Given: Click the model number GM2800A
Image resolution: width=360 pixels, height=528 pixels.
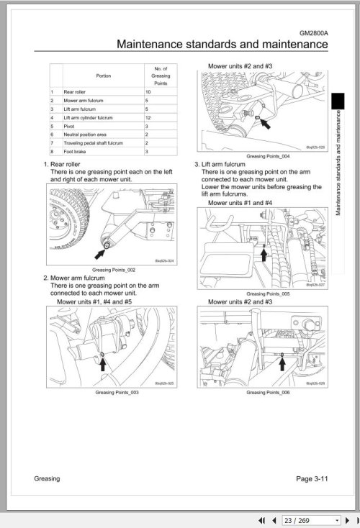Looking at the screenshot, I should (313, 33).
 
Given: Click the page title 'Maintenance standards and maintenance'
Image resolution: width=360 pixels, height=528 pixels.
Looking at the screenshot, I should (222, 45).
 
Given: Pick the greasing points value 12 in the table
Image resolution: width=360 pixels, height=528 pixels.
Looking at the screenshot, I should (147, 117).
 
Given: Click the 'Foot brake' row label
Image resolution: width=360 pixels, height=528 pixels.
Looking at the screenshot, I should (75, 151).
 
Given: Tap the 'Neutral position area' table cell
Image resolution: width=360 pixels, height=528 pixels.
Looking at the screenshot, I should (84, 134).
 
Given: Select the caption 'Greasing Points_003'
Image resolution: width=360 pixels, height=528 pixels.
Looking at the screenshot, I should (117, 393).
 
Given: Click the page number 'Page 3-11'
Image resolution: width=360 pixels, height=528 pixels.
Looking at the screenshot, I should (312, 479).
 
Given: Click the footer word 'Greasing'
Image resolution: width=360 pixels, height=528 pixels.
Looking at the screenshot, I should (47, 479).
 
